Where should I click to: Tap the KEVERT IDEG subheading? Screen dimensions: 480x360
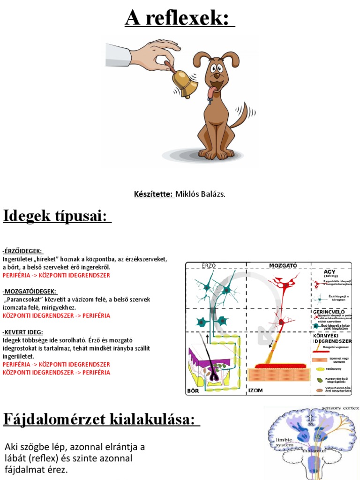[x=23, y=332]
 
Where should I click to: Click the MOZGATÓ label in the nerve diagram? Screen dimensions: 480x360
[x=283, y=265]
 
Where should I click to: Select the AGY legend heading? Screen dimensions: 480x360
[x=330, y=271]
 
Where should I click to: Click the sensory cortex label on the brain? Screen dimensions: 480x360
[x=341, y=409]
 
